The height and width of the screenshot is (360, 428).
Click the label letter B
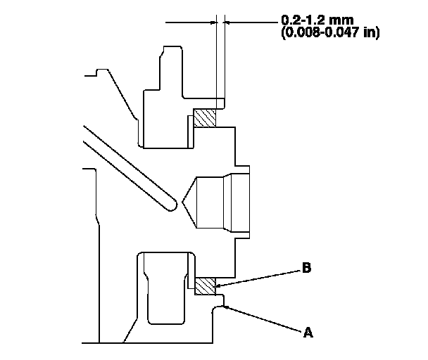tap(307, 268)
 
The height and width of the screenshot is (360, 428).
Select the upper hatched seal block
tap(205, 117)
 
